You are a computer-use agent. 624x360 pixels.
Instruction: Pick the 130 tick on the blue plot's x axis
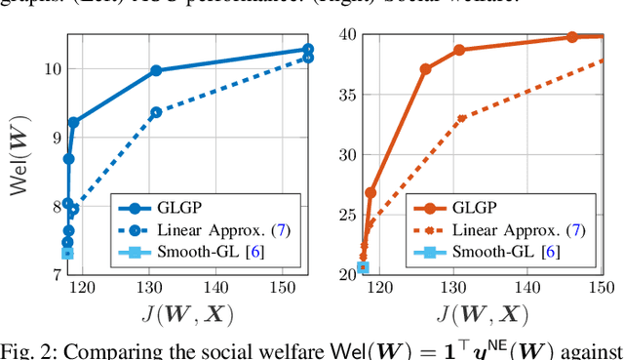tap(153, 288)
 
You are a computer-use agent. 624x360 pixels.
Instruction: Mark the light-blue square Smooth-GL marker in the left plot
tap(67, 254)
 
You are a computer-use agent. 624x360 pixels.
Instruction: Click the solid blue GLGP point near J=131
tap(156, 70)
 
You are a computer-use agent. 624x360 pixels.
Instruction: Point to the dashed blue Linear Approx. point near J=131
tap(156, 112)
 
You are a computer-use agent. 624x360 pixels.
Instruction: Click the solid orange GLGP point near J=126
tap(425, 69)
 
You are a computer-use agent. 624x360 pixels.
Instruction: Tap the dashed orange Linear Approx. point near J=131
tap(461, 118)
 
